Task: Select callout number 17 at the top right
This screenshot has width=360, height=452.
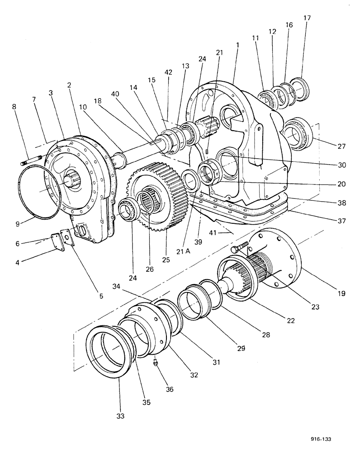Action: [307, 18]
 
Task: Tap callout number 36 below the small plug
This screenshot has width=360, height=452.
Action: [170, 388]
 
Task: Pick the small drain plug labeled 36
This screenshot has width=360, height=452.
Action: [155, 363]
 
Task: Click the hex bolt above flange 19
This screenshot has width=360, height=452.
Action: [239, 247]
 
